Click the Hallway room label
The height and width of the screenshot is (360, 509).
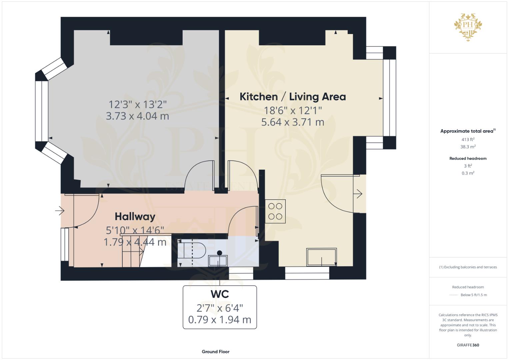click(x=135, y=217)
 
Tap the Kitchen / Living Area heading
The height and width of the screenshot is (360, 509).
click(x=293, y=97)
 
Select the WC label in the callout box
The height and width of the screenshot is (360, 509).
click(x=220, y=294)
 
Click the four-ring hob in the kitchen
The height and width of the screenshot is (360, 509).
click(x=275, y=211)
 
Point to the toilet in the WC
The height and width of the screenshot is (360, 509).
click(x=192, y=250)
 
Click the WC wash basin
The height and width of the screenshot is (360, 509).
click(x=218, y=260)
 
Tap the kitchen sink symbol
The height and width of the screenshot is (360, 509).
click(x=322, y=257)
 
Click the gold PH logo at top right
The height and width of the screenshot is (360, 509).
click(x=468, y=27)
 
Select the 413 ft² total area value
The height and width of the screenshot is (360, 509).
click(x=468, y=139)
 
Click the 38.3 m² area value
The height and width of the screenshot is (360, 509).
click(x=468, y=147)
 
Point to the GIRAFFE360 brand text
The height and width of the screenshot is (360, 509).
click(x=468, y=345)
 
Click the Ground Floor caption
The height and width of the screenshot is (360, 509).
click(x=216, y=352)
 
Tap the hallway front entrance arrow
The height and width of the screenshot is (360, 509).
click(x=60, y=211)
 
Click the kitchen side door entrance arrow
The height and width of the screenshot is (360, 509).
click(x=358, y=194)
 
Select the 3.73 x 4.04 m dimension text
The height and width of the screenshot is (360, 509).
click(x=137, y=116)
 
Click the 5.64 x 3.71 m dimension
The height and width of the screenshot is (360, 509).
click(x=293, y=122)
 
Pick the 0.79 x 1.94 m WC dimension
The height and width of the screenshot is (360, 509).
click(x=220, y=320)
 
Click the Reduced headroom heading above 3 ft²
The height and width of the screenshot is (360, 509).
click(x=468, y=158)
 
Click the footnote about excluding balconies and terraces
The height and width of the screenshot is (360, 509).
click(x=468, y=267)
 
